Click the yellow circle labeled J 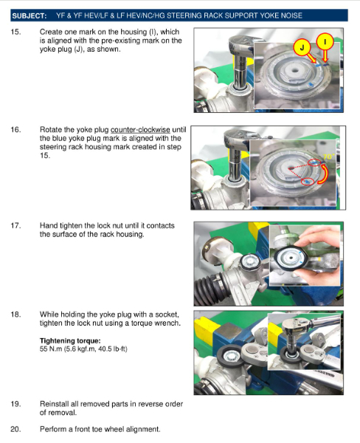point(302,48)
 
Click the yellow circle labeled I point(325,42)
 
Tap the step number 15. point(15,32)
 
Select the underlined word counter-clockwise point(140,130)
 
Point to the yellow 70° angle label point(328,157)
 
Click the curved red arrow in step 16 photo point(325,174)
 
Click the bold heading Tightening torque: point(70,340)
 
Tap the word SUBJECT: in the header point(30,16)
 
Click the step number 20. point(15,429)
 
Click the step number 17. point(15,226)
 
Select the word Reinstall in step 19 point(53,404)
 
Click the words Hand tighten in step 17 point(60,226)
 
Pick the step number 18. point(15,315)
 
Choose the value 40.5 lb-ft point(111,349)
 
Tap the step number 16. point(15,130)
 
